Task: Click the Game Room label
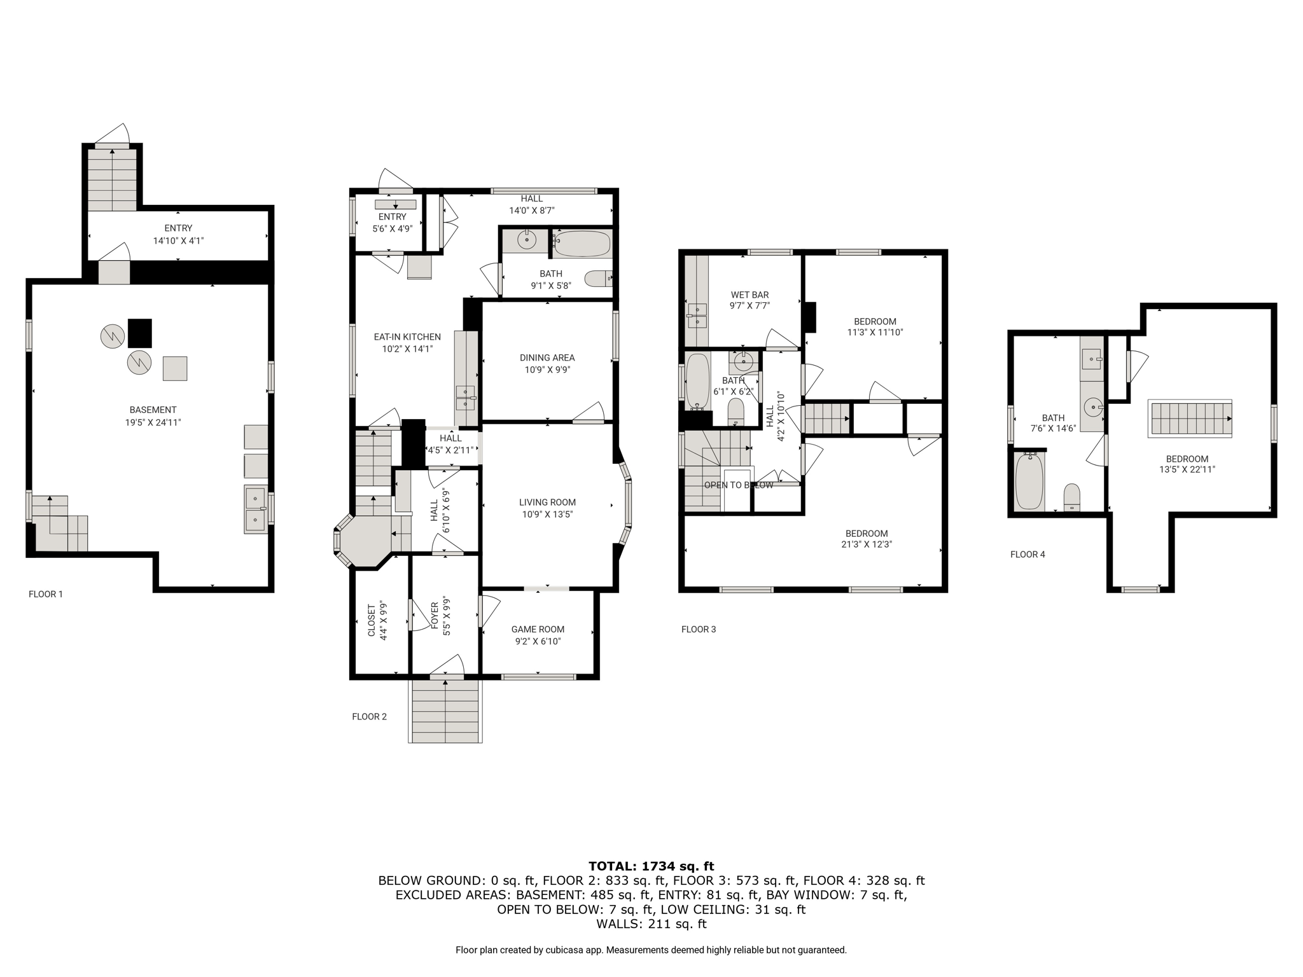click(x=538, y=629)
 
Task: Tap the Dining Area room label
click(x=547, y=357)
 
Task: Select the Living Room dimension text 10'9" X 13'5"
click(x=547, y=514)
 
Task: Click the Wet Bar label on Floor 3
click(x=749, y=294)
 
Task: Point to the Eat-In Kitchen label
click(x=407, y=336)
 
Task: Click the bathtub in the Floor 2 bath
click(x=582, y=244)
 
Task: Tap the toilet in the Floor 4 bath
click(x=1072, y=497)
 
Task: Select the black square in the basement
click(x=140, y=333)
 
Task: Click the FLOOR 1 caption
click(x=46, y=594)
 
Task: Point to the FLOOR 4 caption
click(x=1028, y=554)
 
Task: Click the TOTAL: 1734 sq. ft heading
click(x=651, y=866)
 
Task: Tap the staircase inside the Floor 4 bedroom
click(x=1190, y=419)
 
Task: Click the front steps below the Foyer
click(x=445, y=710)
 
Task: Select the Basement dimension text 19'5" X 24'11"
click(x=153, y=422)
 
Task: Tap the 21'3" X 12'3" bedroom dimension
click(x=867, y=544)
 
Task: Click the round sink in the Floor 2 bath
click(x=527, y=240)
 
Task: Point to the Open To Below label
click(x=739, y=485)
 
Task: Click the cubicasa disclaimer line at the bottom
click(x=651, y=950)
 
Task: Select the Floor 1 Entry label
click(x=178, y=228)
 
